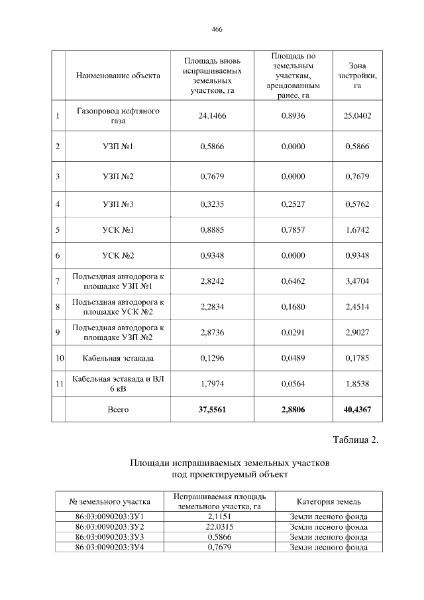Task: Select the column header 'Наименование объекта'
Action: [x=118, y=76]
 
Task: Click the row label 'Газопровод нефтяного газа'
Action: [x=118, y=116]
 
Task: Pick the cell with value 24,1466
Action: [x=213, y=116]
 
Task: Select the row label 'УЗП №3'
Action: [x=118, y=204]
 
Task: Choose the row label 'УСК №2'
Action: [x=118, y=256]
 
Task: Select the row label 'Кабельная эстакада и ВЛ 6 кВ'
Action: [x=118, y=383]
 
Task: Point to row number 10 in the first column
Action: [x=59, y=358]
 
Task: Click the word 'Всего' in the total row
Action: [x=118, y=410]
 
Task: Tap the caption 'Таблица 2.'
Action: [x=354, y=442]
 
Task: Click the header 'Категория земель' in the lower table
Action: [x=329, y=501]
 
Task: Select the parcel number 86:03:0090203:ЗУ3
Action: [x=111, y=536]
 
